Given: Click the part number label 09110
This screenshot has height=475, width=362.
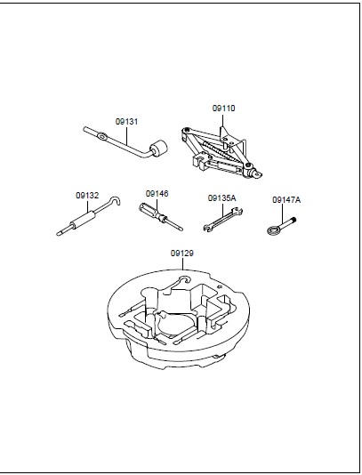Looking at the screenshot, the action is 223,109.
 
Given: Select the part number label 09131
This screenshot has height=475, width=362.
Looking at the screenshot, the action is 126,122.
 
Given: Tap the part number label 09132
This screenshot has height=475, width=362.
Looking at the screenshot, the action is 87,196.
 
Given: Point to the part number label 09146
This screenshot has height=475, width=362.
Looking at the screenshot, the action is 157,194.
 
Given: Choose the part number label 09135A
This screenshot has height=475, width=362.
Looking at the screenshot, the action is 221,198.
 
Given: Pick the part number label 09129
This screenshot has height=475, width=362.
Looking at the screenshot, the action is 182,253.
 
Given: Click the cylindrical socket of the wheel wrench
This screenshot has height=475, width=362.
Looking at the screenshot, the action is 158,149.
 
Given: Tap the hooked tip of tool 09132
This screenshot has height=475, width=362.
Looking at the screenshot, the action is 116,200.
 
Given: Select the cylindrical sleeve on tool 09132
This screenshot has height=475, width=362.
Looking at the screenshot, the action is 83,221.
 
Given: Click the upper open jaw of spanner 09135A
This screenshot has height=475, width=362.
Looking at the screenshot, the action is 238,211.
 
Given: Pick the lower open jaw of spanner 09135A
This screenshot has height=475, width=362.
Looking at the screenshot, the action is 207,228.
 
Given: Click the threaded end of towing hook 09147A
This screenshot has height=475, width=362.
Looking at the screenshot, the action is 293,221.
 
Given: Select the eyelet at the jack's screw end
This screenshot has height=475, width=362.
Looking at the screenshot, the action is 257,174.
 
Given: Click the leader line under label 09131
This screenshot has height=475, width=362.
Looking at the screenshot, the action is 127,135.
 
